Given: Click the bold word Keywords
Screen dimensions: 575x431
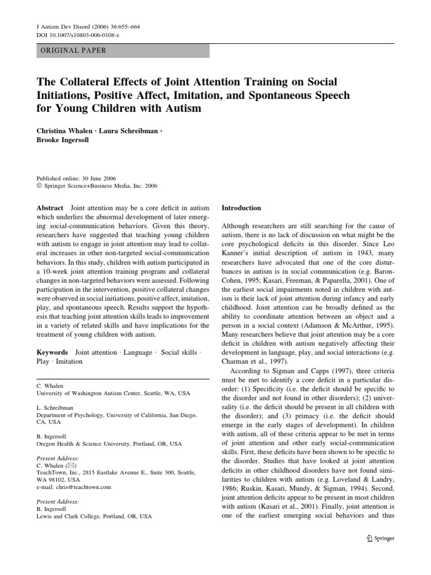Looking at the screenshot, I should click(52, 352).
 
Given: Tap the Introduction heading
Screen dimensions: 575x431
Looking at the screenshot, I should click(242, 208).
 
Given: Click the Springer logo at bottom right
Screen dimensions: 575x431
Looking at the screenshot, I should click(379, 539).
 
